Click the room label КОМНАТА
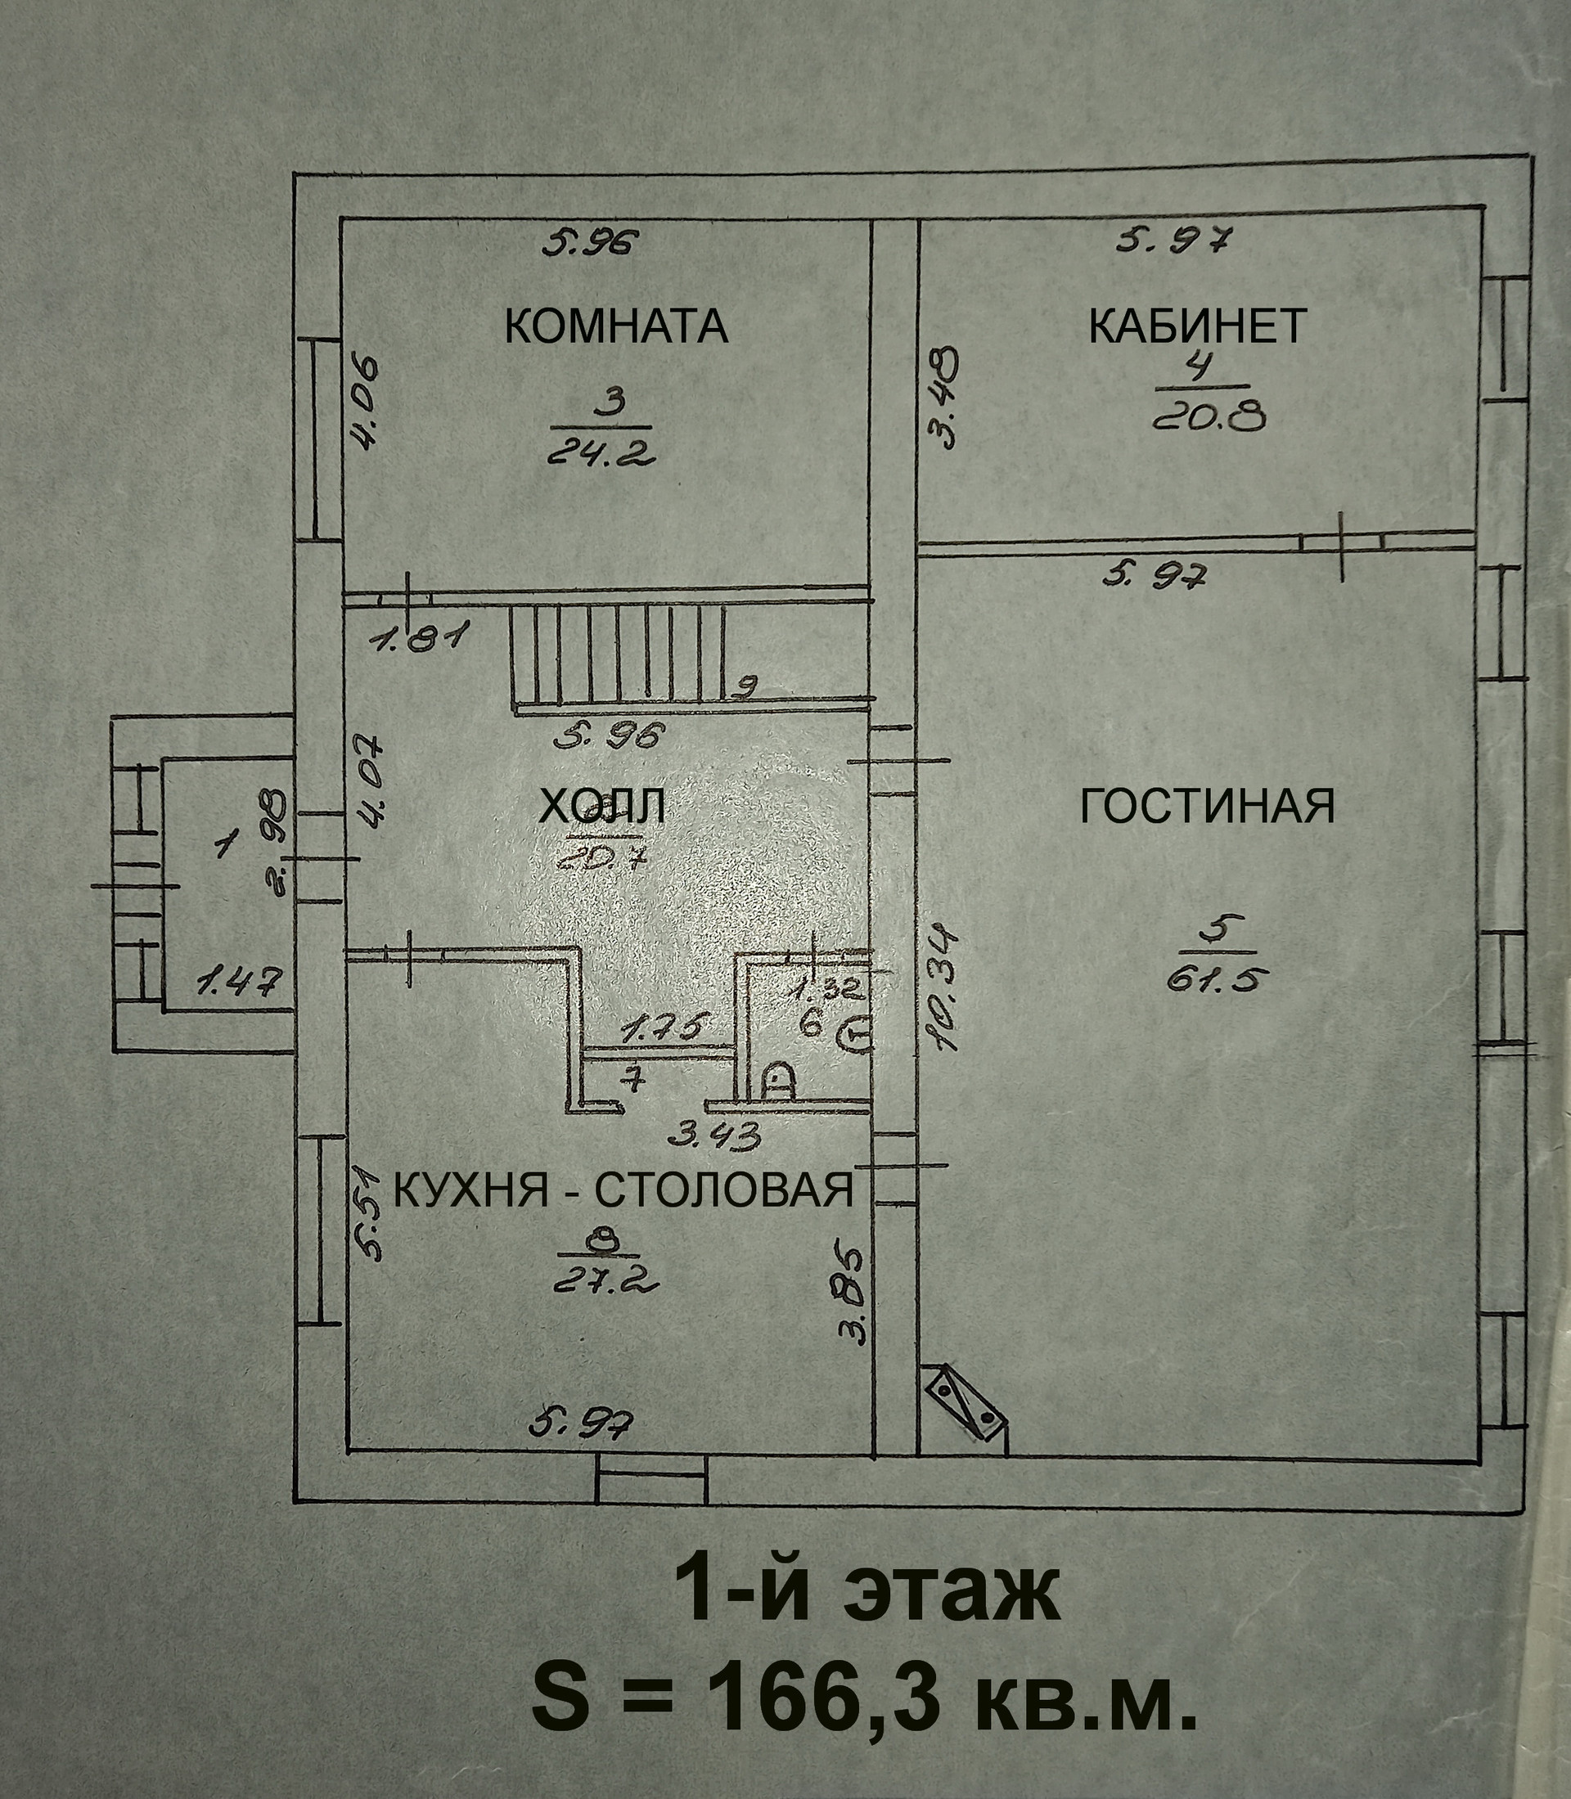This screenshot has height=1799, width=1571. point(616,326)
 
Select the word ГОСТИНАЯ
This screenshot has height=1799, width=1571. point(1207,806)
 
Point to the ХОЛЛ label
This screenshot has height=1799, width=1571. point(601,807)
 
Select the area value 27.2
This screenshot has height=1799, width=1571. point(605,1282)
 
